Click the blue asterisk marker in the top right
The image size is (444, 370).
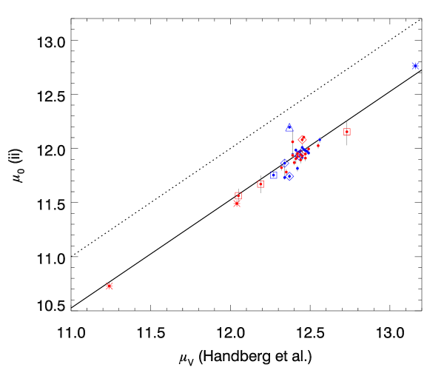click(415, 66)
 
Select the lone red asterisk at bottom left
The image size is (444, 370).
click(110, 286)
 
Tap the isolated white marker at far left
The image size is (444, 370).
click(109, 230)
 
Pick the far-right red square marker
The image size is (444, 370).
click(346, 132)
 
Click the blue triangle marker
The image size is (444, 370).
click(289, 128)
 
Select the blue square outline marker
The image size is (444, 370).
click(274, 175)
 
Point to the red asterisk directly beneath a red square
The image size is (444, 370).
click(237, 203)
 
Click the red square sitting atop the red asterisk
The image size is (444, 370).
click(238, 195)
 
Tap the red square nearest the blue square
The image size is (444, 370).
click(260, 184)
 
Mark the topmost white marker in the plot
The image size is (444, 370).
click(346, 70)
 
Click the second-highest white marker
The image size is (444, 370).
click(340, 73)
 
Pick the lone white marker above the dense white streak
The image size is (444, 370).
click(318, 89)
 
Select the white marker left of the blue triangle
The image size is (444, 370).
click(260, 127)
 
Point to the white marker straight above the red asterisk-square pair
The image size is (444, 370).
click(238, 144)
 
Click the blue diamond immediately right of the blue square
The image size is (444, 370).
click(289, 176)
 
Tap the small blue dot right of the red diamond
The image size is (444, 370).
click(320, 139)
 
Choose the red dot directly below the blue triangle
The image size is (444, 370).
click(292, 141)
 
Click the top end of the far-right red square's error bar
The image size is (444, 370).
click(346, 121)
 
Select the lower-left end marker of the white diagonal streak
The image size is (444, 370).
click(282, 113)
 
